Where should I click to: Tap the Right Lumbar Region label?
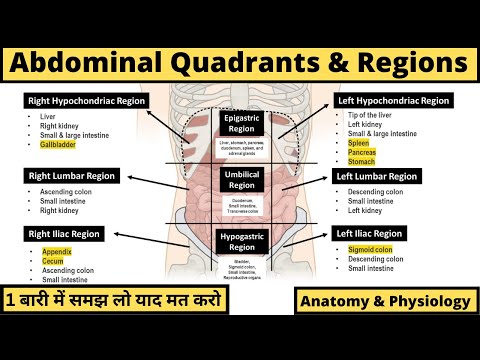pos(73,176)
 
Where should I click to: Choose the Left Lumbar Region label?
pos(385,176)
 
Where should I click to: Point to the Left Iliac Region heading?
pos(381,234)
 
